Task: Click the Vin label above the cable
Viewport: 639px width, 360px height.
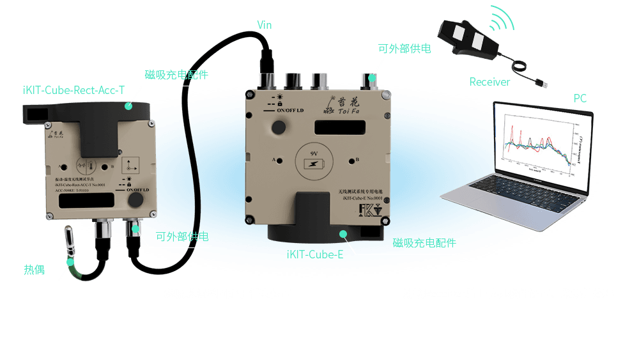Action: (x=265, y=25)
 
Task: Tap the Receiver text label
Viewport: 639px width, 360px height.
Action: (x=489, y=82)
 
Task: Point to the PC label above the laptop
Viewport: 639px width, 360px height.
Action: (x=580, y=98)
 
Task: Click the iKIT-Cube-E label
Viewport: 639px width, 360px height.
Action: (x=315, y=255)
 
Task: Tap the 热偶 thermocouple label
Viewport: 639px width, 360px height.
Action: (x=35, y=269)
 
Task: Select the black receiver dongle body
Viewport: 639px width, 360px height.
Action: (x=470, y=38)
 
